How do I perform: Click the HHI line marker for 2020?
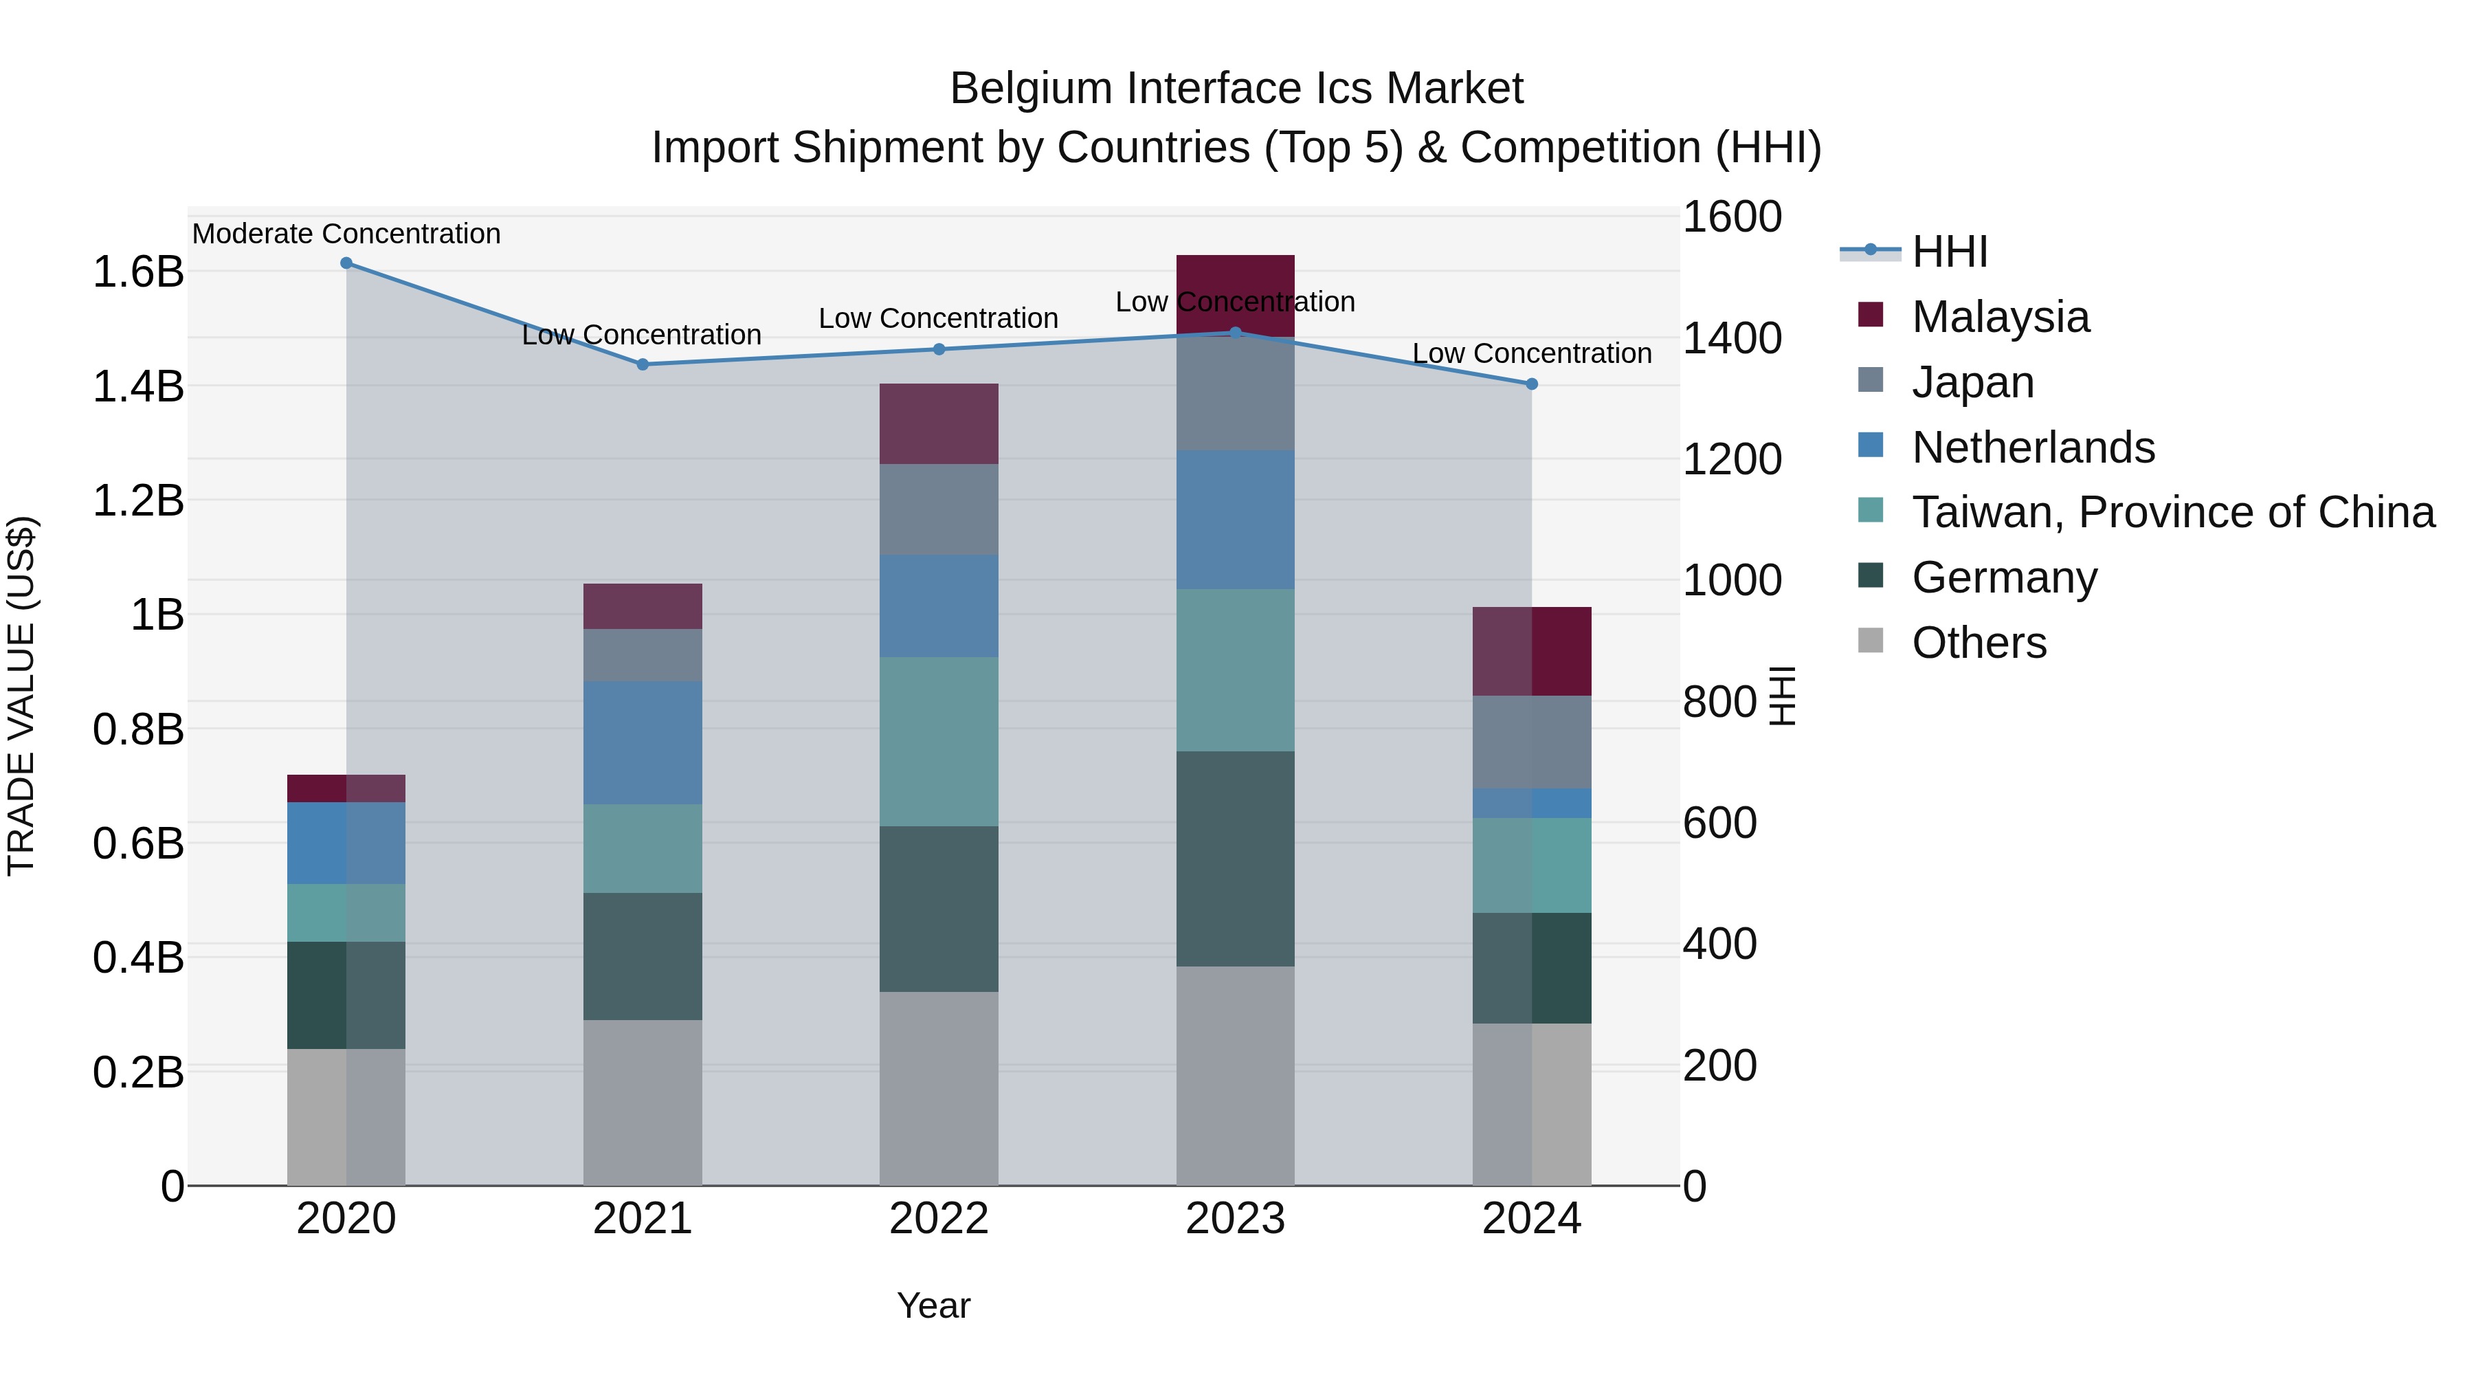[x=347, y=263]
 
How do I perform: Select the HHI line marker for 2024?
[x=1532, y=384]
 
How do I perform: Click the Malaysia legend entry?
[x=2000, y=317]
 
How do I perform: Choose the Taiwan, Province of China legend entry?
[x=2172, y=512]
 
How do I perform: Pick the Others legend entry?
[x=1979, y=643]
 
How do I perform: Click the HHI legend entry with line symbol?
[x=1949, y=252]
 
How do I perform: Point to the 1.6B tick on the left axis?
[x=138, y=272]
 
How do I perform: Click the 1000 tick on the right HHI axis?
[x=1732, y=580]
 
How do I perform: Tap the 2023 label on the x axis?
[x=1235, y=1218]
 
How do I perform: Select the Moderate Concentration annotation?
[x=347, y=234]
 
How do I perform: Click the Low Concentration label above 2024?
[x=1532, y=353]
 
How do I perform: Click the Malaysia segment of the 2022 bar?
[x=939, y=423]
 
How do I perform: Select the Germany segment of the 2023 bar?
[x=1235, y=859]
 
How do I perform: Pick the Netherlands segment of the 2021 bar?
[x=643, y=742]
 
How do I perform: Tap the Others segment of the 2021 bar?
[x=643, y=1102]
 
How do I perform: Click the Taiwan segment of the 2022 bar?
[x=939, y=742]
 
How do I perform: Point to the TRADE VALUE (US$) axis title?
[x=21, y=696]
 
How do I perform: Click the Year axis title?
[x=933, y=1305]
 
